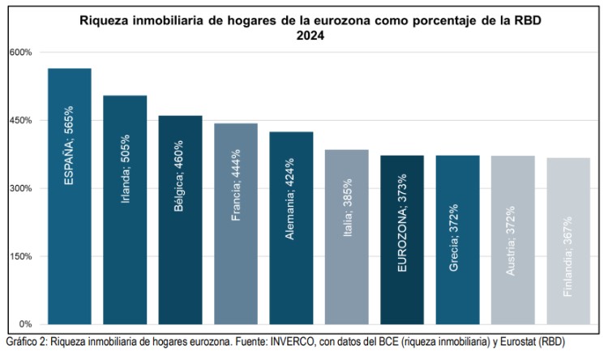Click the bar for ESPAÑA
[69, 196]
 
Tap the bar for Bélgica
[180, 220]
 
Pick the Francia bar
[235, 224]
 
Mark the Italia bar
[346, 237]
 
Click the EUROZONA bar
[402, 239]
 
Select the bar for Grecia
[457, 239]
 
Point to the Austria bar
[512, 239]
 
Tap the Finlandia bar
[568, 241]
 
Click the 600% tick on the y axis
[20, 53]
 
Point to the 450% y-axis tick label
[20, 121]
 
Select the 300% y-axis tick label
[20, 189]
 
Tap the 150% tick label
[20, 257]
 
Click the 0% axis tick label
[25, 324]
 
